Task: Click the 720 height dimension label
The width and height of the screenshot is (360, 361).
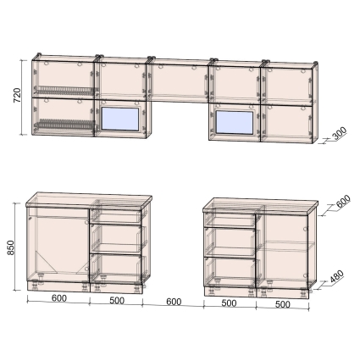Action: [x=18, y=96]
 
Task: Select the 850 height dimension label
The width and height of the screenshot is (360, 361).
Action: [x=11, y=247]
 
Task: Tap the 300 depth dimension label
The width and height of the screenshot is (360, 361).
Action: [x=340, y=134]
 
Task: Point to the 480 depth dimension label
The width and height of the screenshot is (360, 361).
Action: [x=337, y=277]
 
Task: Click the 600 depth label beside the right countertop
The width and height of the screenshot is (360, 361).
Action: [x=343, y=201]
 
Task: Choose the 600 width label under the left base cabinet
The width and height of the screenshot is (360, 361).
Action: [x=59, y=298]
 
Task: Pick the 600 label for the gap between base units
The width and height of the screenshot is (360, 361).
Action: [x=174, y=302]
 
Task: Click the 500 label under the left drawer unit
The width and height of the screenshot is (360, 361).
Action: [x=117, y=301]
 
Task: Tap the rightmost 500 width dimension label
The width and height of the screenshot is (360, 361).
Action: [x=282, y=304]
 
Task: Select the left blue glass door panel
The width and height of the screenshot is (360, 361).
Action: [x=120, y=119]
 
